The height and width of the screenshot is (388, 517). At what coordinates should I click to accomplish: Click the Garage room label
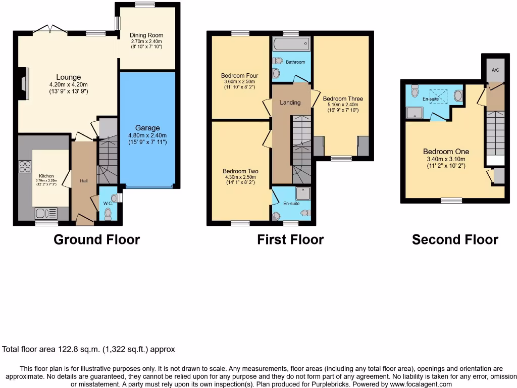coord(147,128)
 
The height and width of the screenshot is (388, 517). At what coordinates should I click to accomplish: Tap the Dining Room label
coord(147,35)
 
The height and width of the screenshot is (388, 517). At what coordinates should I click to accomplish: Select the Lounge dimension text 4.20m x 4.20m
coord(69,84)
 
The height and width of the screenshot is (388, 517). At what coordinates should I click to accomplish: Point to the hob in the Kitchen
coord(24,167)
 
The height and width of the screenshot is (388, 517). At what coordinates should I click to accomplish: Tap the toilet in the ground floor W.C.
coord(107,214)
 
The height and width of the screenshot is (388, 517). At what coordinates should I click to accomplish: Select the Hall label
coord(83,180)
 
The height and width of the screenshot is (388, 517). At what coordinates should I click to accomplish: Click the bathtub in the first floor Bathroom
coord(291,45)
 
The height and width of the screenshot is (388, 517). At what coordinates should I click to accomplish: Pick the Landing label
coord(290,103)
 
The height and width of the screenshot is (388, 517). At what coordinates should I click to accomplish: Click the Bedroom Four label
coord(240,76)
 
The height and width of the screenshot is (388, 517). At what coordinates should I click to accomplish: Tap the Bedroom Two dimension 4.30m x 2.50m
coord(240,177)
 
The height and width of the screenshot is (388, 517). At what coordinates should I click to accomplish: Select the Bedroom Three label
coord(343,99)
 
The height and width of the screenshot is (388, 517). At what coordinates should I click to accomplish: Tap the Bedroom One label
coord(446,152)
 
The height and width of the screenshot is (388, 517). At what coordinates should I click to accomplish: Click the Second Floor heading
coord(455,239)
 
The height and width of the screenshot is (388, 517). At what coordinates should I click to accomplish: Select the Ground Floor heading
coord(96,239)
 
